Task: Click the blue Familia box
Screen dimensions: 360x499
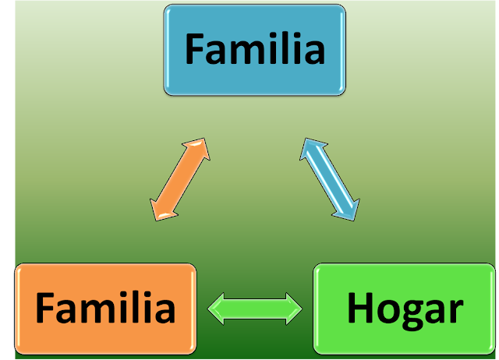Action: point(254,49)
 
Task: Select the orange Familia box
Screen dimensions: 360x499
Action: point(104,308)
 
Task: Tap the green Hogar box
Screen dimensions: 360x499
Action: point(404,308)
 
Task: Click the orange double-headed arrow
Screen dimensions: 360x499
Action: point(180,178)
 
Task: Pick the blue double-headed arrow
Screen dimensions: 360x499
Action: point(330,178)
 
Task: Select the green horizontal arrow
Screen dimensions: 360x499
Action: point(255,308)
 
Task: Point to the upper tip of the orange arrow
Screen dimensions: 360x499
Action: point(207,141)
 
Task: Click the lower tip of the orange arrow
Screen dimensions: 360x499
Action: point(154,217)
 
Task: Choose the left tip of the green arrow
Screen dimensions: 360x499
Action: point(209,308)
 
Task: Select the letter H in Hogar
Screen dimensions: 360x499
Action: point(360,309)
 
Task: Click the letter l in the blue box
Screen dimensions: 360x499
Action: point(286,48)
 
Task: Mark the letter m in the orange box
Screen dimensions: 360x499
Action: point(99,312)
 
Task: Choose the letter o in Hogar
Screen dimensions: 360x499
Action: point(388,312)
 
